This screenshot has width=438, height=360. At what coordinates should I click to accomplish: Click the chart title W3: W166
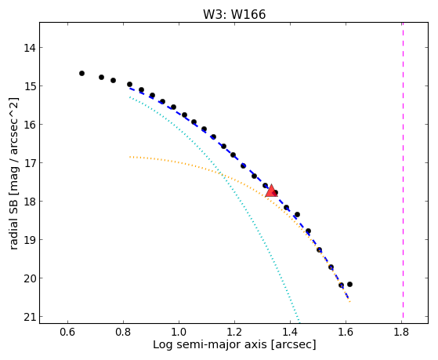pyautogui.click(x=234, y=14)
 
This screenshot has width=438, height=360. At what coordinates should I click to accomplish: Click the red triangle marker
pyautogui.click(x=271, y=191)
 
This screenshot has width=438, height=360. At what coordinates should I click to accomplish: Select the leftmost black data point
pyautogui.click(x=81, y=73)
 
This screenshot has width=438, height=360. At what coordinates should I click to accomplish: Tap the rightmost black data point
pyautogui.click(x=349, y=284)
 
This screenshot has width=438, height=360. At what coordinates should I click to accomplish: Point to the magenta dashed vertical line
pyautogui.click(x=403, y=171)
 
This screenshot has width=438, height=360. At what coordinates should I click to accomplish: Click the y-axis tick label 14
pyautogui.click(x=30, y=48)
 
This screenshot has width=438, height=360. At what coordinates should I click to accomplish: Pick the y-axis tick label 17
pyautogui.click(x=30, y=163)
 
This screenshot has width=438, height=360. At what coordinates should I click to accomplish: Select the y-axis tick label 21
pyautogui.click(x=30, y=317)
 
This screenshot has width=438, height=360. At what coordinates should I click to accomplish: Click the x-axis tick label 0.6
pyautogui.click(x=67, y=332)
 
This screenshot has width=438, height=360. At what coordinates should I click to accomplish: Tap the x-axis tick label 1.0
pyautogui.click(x=179, y=332)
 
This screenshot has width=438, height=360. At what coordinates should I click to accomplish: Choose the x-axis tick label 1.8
pyautogui.click(x=401, y=332)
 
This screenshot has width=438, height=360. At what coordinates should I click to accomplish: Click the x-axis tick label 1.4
pyautogui.click(x=290, y=332)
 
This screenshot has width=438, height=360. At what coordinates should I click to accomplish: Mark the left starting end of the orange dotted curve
pyautogui.click(x=130, y=157)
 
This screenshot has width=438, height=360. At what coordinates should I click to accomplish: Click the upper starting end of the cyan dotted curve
pyautogui.click(x=130, y=96)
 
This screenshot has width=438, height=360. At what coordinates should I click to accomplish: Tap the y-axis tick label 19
pyautogui.click(x=30, y=240)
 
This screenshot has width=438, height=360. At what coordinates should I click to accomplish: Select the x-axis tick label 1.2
pyautogui.click(x=234, y=332)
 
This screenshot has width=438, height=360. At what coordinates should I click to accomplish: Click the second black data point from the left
pyautogui.click(x=101, y=77)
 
